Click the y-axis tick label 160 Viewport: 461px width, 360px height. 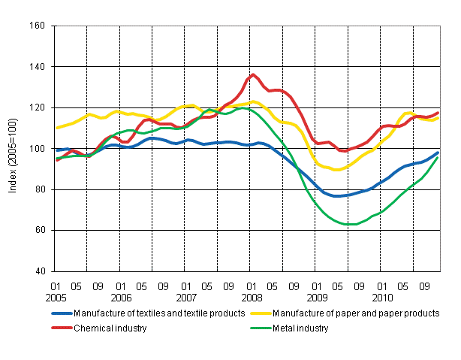(x=38, y=26)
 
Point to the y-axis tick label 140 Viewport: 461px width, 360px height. (x=38, y=67)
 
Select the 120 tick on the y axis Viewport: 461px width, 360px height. (x=38, y=107)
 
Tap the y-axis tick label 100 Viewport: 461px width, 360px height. (x=38, y=149)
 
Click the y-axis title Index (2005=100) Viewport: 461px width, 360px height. (x=13, y=149)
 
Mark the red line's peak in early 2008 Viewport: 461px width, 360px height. (x=253, y=75)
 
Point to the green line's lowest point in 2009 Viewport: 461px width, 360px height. (x=350, y=224)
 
